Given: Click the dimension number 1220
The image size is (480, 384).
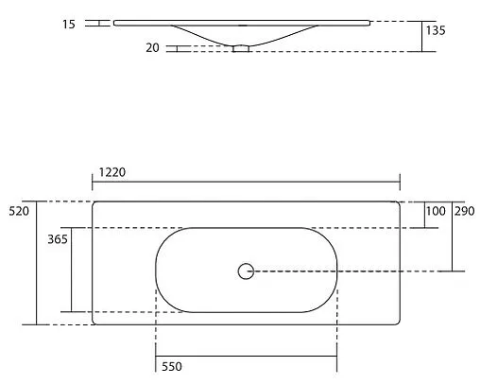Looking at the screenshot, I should tap(111, 174).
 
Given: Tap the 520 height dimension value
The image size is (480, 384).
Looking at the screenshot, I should tap(19, 211).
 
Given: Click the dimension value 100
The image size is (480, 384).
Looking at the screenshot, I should tap(435, 211).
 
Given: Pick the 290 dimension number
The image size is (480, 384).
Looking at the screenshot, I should tap(465, 211).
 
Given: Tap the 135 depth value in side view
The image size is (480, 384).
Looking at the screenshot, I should tap(436, 31).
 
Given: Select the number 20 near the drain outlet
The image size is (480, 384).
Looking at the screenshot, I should tap(153, 48).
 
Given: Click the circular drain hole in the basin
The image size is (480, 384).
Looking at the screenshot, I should tap(246, 271).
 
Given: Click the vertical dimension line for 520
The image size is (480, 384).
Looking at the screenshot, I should tap(36, 263).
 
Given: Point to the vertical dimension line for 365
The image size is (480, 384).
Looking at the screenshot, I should tap(71, 270).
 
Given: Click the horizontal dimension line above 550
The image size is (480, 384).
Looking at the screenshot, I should tap(246, 355).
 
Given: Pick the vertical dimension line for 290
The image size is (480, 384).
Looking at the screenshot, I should tap(453, 236).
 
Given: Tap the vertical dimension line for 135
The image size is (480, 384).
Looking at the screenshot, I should tap(421, 36).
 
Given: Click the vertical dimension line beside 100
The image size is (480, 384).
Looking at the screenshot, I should tap(421, 215).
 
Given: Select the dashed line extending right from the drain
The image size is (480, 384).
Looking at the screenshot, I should tap(359, 271).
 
